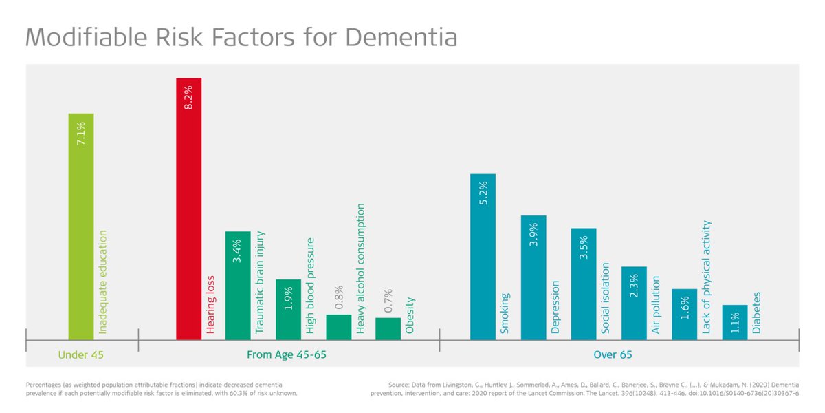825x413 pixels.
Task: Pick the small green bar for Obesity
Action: [x=388, y=328]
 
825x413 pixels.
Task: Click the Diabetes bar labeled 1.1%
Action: [x=735, y=322]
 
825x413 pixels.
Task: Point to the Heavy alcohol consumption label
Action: [x=361, y=268]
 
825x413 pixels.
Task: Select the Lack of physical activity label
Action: [x=707, y=277]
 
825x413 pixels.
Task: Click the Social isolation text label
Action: [x=606, y=297]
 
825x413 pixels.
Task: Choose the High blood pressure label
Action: [x=310, y=286]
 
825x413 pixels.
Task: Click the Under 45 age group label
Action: [x=81, y=355]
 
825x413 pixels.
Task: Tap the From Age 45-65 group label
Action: [x=287, y=355]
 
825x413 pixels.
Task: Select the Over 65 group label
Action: [x=613, y=355]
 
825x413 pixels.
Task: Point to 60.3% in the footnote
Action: [x=233, y=393]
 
